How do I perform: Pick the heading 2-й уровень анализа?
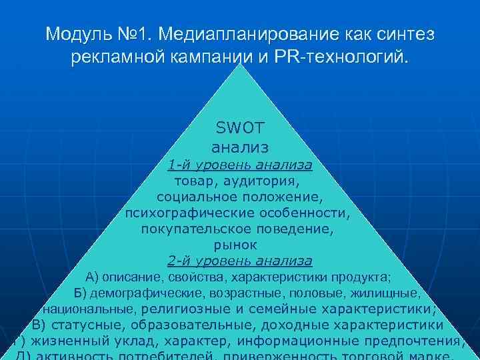pyautogui.click(x=240, y=261)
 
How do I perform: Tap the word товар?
pyautogui.click(x=194, y=181)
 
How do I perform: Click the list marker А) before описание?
pyautogui.click(x=93, y=277)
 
